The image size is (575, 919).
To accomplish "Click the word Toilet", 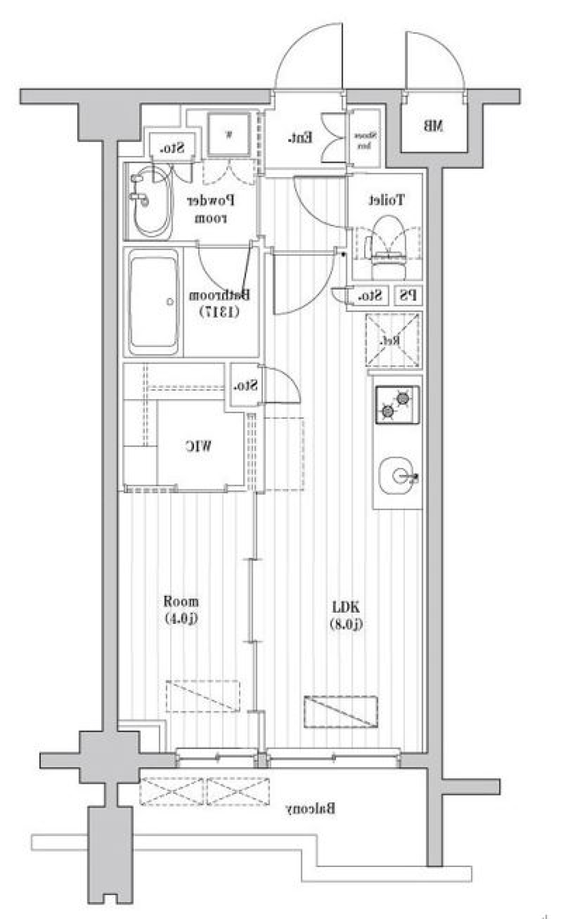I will click(x=386, y=200).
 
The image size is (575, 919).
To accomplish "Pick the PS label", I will click(x=408, y=295).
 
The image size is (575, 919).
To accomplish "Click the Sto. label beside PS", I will click(x=370, y=296).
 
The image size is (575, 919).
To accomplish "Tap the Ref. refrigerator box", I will click(x=392, y=340).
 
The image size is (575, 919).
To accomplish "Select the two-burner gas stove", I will click(x=397, y=404).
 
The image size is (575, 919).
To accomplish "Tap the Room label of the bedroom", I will click(x=181, y=601).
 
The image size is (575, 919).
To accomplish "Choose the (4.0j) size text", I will click(x=181, y=619).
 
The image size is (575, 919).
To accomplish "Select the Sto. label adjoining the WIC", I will click(x=246, y=386).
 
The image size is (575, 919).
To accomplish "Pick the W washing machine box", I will click(x=228, y=133).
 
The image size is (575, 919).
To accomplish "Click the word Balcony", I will click(x=310, y=809).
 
